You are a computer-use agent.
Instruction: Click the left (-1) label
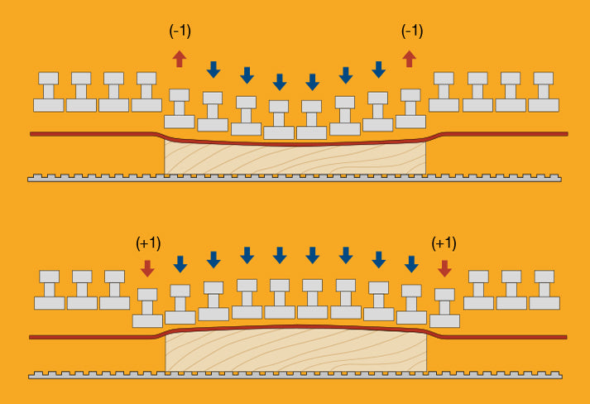[180, 31]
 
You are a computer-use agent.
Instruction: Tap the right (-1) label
[411, 31]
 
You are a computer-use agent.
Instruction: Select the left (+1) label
[148, 243]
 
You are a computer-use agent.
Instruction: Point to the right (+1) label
[444, 243]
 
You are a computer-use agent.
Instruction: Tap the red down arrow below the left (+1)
[148, 267]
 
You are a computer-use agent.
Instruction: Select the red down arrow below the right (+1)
[444, 267]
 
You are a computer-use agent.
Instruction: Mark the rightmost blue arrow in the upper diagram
[378, 69]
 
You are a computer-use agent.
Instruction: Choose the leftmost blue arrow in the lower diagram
[180, 263]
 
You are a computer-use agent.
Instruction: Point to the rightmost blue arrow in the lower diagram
[411, 263]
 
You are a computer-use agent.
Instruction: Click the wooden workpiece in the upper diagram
[295, 158]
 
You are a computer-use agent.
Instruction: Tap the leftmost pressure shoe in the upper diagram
[49, 92]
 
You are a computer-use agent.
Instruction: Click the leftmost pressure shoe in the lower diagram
[50, 290]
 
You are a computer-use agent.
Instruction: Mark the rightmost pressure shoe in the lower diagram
[544, 290]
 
